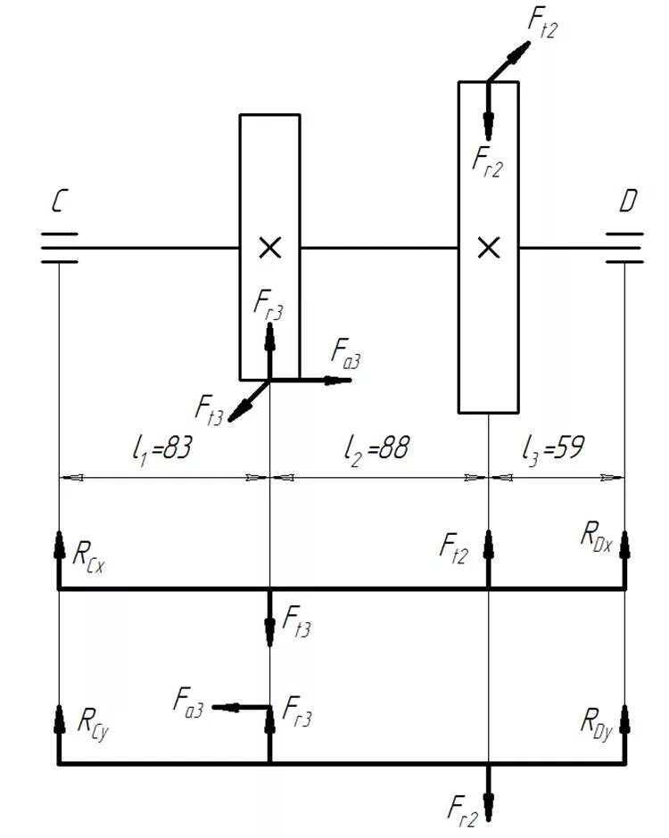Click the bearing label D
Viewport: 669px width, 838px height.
pos(628,203)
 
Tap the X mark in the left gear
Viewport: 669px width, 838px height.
pos(269,248)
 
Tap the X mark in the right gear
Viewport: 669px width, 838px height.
pos(488,248)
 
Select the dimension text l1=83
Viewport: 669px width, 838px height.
pos(160,448)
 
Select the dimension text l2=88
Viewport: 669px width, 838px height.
pos(377,448)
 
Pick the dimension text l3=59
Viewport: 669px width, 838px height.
pos(553,448)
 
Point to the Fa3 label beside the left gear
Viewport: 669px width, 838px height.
pos(346,354)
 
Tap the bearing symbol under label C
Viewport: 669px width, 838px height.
pos(59,248)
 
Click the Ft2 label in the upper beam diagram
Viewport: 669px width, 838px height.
pos(454,546)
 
